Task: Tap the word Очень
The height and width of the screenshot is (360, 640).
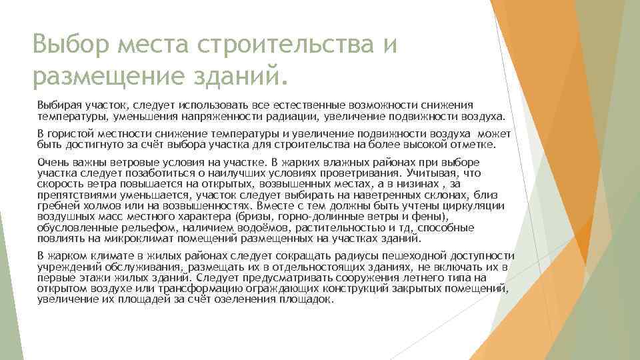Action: tap(51, 163)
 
